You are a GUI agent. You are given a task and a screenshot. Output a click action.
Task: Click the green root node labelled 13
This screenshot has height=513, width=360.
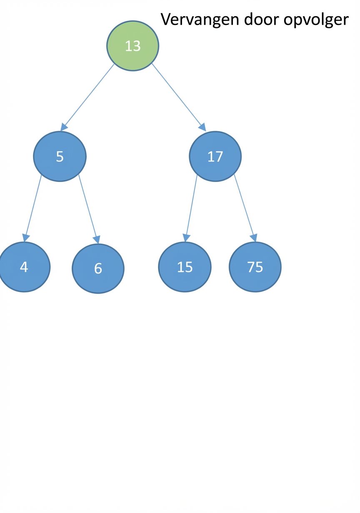click(132, 46)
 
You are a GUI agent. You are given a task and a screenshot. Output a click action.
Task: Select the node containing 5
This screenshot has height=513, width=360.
click(60, 157)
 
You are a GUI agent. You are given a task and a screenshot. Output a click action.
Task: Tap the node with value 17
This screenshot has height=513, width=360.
click(215, 157)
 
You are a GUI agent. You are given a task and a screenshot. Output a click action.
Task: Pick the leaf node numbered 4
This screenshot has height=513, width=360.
click(24, 267)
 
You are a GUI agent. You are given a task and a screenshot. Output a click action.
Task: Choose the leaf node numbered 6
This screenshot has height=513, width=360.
click(98, 269)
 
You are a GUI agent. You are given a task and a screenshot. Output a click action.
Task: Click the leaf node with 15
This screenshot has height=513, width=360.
click(185, 267)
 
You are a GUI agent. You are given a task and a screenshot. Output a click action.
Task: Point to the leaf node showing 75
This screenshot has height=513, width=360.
click(255, 267)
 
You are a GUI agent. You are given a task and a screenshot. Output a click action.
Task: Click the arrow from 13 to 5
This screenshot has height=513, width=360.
click(87, 97)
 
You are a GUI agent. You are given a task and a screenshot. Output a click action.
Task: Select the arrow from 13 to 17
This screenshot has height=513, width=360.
click(179, 97)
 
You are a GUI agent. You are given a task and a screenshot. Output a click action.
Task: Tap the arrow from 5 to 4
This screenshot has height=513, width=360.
click(32, 208)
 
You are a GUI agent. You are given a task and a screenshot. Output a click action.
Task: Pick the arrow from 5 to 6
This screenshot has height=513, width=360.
click(89, 209)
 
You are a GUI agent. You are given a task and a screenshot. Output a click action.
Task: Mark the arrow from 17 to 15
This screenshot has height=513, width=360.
click(191, 208)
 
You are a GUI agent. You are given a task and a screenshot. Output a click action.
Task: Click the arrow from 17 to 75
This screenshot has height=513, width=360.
click(245, 208)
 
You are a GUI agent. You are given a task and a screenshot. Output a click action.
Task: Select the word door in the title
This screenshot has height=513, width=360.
click(261, 19)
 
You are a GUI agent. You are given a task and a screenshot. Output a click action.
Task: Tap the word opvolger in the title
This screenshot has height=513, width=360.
click(316, 20)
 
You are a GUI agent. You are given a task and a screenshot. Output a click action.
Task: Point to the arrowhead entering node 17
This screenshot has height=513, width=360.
click(202, 127)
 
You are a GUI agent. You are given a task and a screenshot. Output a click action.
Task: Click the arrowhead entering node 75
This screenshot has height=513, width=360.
click(254, 238)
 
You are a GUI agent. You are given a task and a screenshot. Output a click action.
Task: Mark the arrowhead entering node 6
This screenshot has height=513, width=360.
click(97, 239)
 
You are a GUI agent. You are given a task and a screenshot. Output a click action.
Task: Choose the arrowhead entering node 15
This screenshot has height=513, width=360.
click(186, 238)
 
